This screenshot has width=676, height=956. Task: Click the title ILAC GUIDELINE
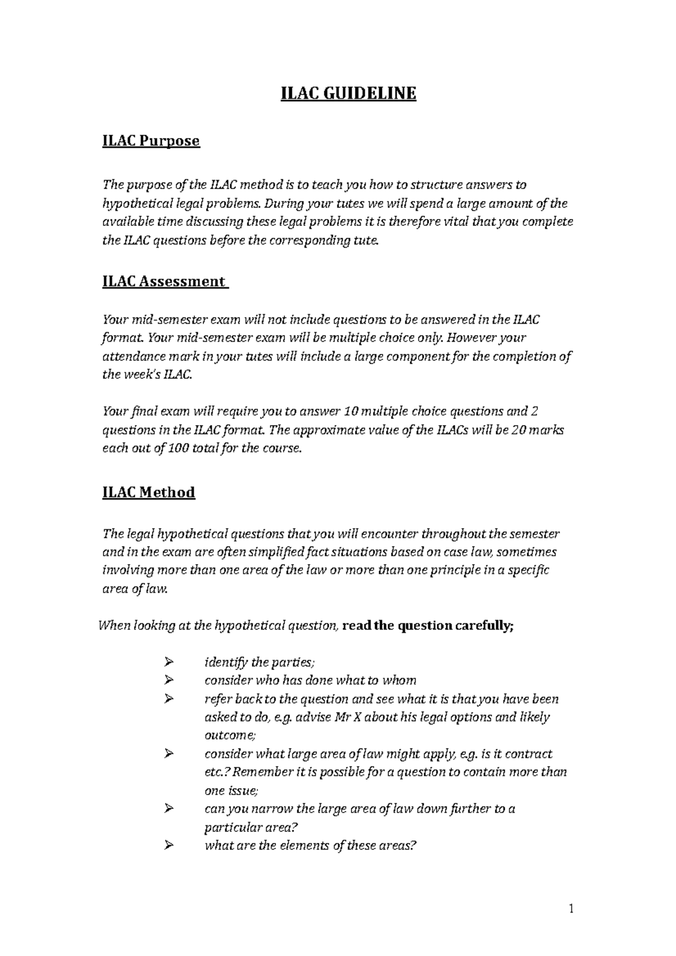click(349, 93)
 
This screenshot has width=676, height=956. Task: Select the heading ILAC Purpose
click(151, 140)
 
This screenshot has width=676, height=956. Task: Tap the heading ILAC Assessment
click(164, 281)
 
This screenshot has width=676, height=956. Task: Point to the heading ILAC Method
click(149, 492)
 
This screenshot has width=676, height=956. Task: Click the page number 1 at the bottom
click(571, 908)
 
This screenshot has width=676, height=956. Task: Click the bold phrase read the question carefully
click(428, 626)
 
